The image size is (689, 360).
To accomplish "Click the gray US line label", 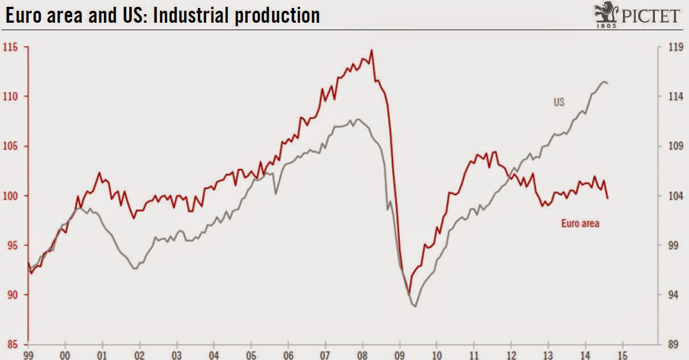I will tap(559, 102).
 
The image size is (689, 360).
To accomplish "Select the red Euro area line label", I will tap(580, 224).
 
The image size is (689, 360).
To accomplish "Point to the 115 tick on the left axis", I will tap(11, 47).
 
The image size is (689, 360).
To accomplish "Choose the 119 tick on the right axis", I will tap(675, 47).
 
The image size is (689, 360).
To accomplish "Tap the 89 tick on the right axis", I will tap(675, 344).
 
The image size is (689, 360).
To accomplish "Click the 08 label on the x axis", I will tap(362, 354).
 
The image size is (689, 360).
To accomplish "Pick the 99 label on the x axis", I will tap(28, 354).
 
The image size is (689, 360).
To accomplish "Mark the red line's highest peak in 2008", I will tap(372, 50).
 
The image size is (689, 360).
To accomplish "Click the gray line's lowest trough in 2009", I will tap(415, 307).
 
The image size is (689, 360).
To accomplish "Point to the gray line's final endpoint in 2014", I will tap(608, 84).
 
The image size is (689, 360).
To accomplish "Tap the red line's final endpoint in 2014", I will tap(608, 198).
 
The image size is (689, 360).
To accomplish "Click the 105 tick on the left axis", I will tap(11, 146).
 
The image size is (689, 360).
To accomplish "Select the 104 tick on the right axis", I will tap(675, 196).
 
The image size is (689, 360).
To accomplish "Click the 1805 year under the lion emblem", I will tap(606, 25).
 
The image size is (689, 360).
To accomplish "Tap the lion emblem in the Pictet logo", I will tap(605, 11).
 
